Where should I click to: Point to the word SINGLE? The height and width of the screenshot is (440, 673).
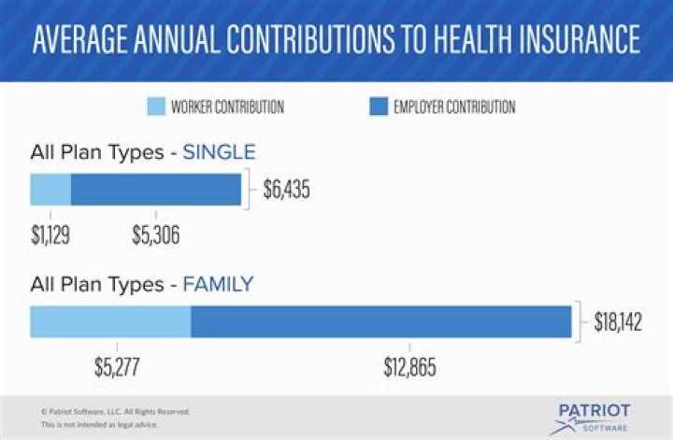(219, 152)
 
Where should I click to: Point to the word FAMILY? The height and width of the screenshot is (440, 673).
(218, 284)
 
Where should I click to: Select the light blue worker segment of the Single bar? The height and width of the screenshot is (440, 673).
(50, 190)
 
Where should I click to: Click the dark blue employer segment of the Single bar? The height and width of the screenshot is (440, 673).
(156, 190)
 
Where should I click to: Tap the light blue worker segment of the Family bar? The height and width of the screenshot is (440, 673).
(110, 321)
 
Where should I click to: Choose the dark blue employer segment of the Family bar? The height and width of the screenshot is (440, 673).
(380, 321)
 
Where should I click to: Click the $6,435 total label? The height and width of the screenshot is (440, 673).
(285, 191)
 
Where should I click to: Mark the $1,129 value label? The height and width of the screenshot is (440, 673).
(50, 236)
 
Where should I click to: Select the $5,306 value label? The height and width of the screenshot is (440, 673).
(155, 236)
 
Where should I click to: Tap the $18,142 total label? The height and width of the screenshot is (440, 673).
(618, 322)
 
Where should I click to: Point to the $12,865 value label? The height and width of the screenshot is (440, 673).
(409, 367)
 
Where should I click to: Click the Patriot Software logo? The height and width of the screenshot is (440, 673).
(591, 418)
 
